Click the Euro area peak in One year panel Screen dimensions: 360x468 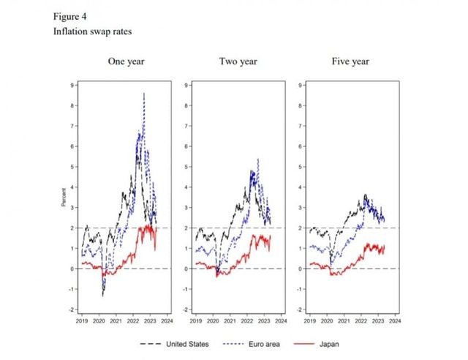tap(144, 94)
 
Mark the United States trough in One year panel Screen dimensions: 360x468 tap(103, 295)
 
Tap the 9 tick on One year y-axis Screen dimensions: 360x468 tap(72, 85)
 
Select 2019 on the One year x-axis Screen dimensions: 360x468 tap(80, 320)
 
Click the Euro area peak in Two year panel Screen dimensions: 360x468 tap(257, 160)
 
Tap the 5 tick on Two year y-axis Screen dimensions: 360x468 tap(188, 167)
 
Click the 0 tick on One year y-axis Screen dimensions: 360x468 tap(72, 269)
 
